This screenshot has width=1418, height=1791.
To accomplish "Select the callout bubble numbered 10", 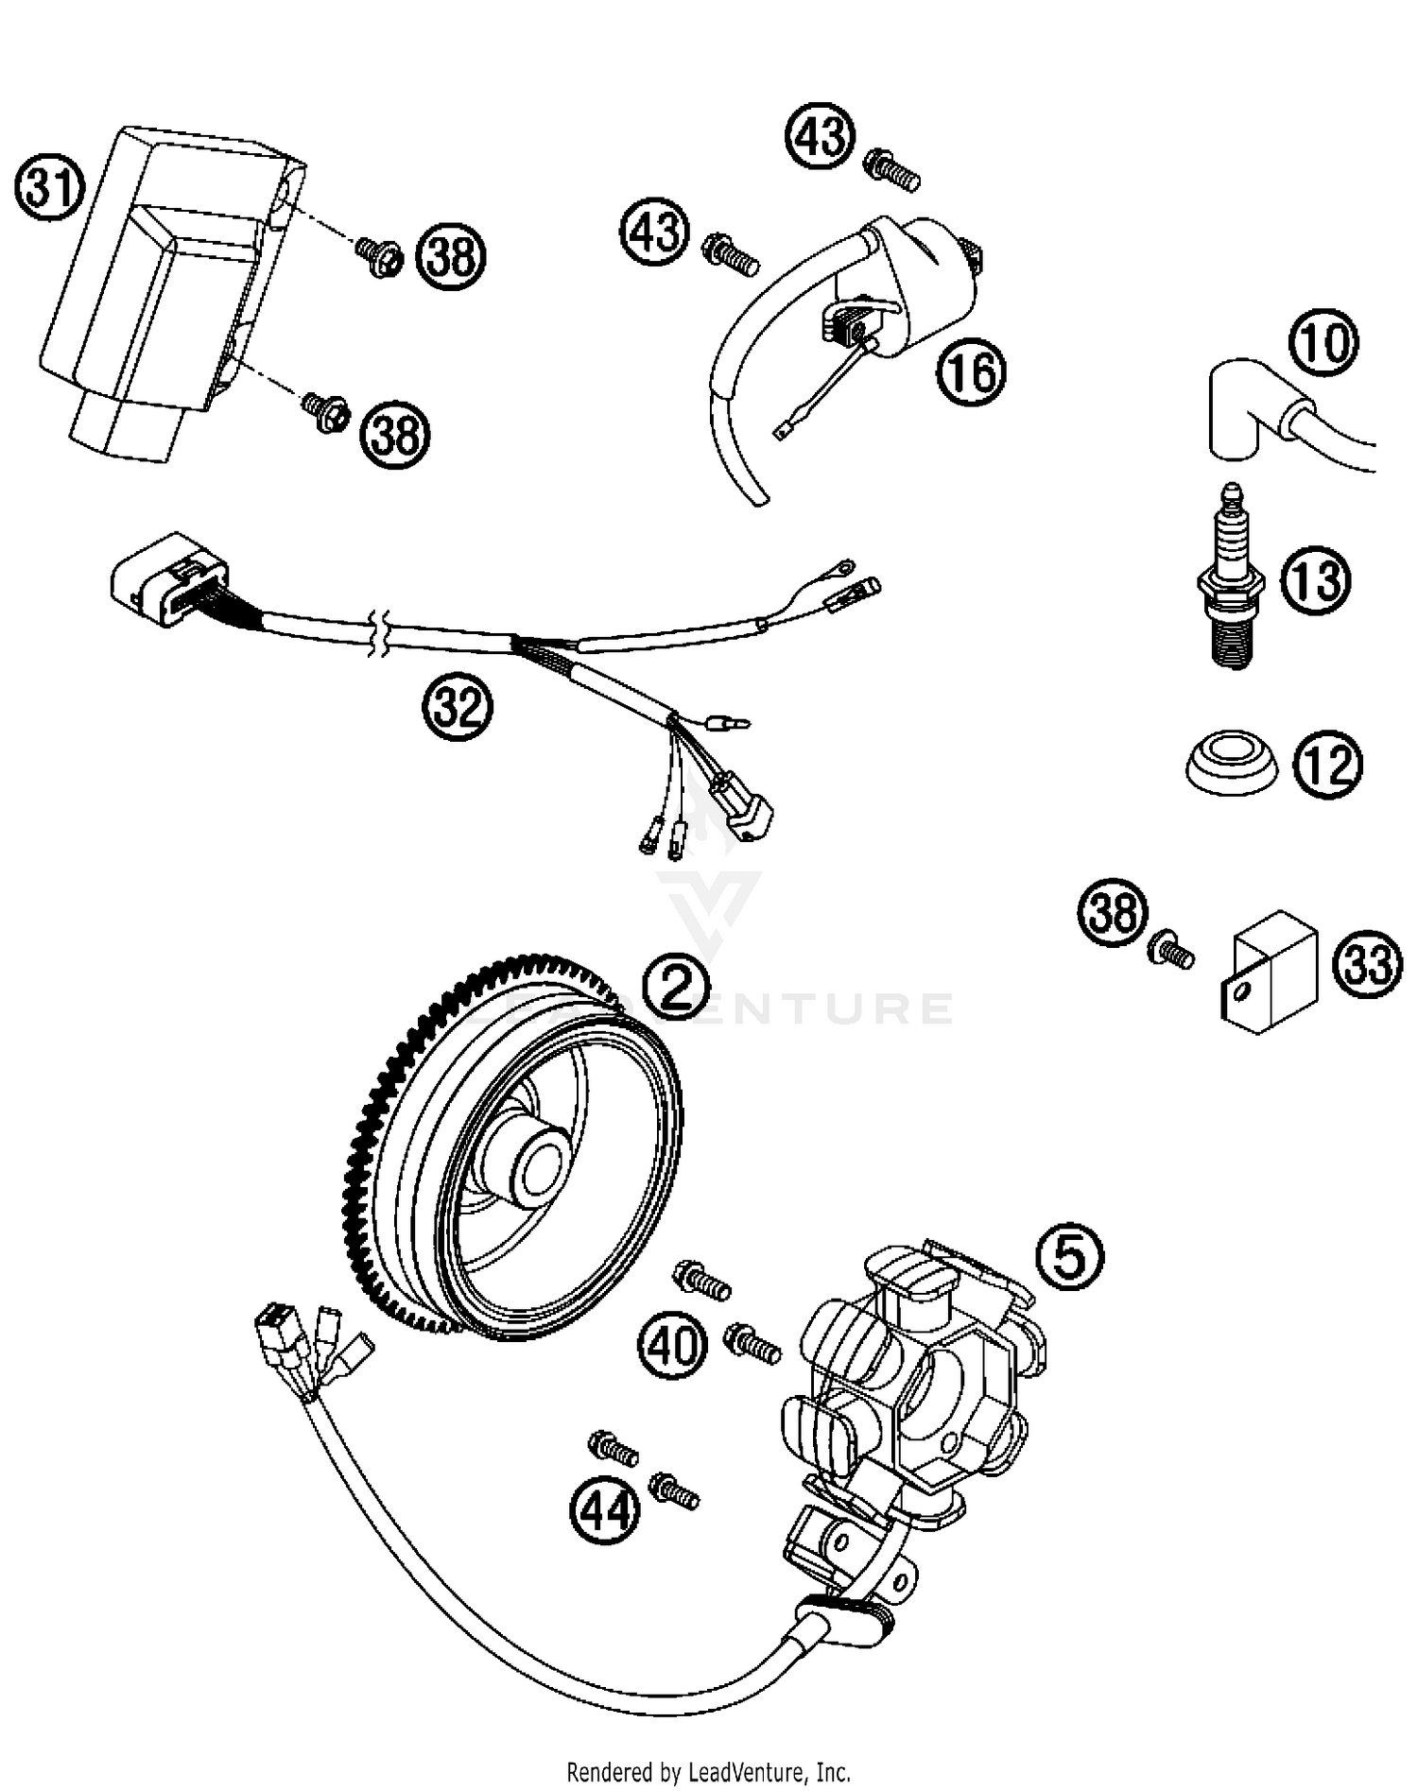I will pyautogui.click(x=1323, y=343).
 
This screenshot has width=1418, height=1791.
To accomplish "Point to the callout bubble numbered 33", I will pyautogui.click(x=1368, y=964).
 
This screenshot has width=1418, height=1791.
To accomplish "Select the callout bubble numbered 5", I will pyautogui.click(x=1069, y=1257).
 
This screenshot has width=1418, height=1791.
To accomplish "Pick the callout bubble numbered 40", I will pyautogui.click(x=672, y=1345).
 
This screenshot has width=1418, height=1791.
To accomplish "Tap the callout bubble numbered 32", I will pyautogui.click(x=458, y=707).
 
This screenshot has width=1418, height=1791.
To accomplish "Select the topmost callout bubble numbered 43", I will pyautogui.click(x=820, y=136).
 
